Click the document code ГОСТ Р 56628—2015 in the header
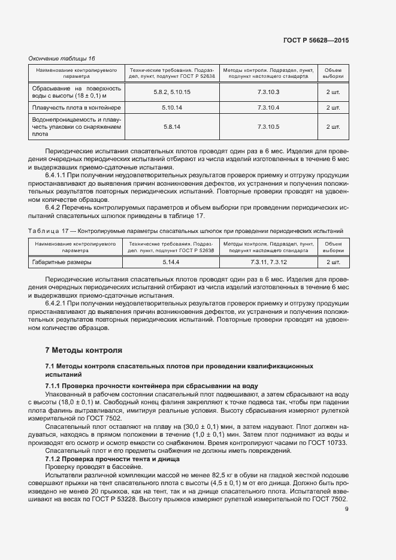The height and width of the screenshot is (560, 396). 316,40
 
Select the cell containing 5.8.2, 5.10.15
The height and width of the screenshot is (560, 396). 171,92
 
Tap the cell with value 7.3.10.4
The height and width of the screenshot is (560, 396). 268,107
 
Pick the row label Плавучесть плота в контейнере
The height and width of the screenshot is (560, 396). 76,107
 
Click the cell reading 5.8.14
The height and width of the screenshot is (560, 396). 171,127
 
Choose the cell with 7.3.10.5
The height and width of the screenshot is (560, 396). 268,127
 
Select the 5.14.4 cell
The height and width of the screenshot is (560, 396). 171,262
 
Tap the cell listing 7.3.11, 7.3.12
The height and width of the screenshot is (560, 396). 268,262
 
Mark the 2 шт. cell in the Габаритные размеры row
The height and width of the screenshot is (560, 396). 332,262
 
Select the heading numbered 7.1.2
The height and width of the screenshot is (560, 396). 55,458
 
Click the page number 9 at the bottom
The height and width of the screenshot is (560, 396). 347,510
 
